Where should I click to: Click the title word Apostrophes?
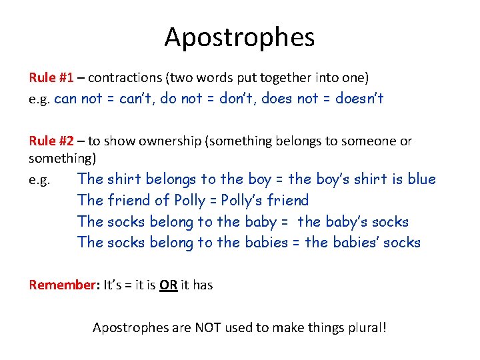(x=239, y=37)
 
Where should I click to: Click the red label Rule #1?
(x=51, y=77)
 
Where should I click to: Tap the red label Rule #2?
(x=51, y=141)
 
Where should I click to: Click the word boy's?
(x=335, y=179)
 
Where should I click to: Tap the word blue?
(x=421, y=179)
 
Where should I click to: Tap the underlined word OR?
(x=168, y=285)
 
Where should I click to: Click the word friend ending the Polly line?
(x=287, y=201)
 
